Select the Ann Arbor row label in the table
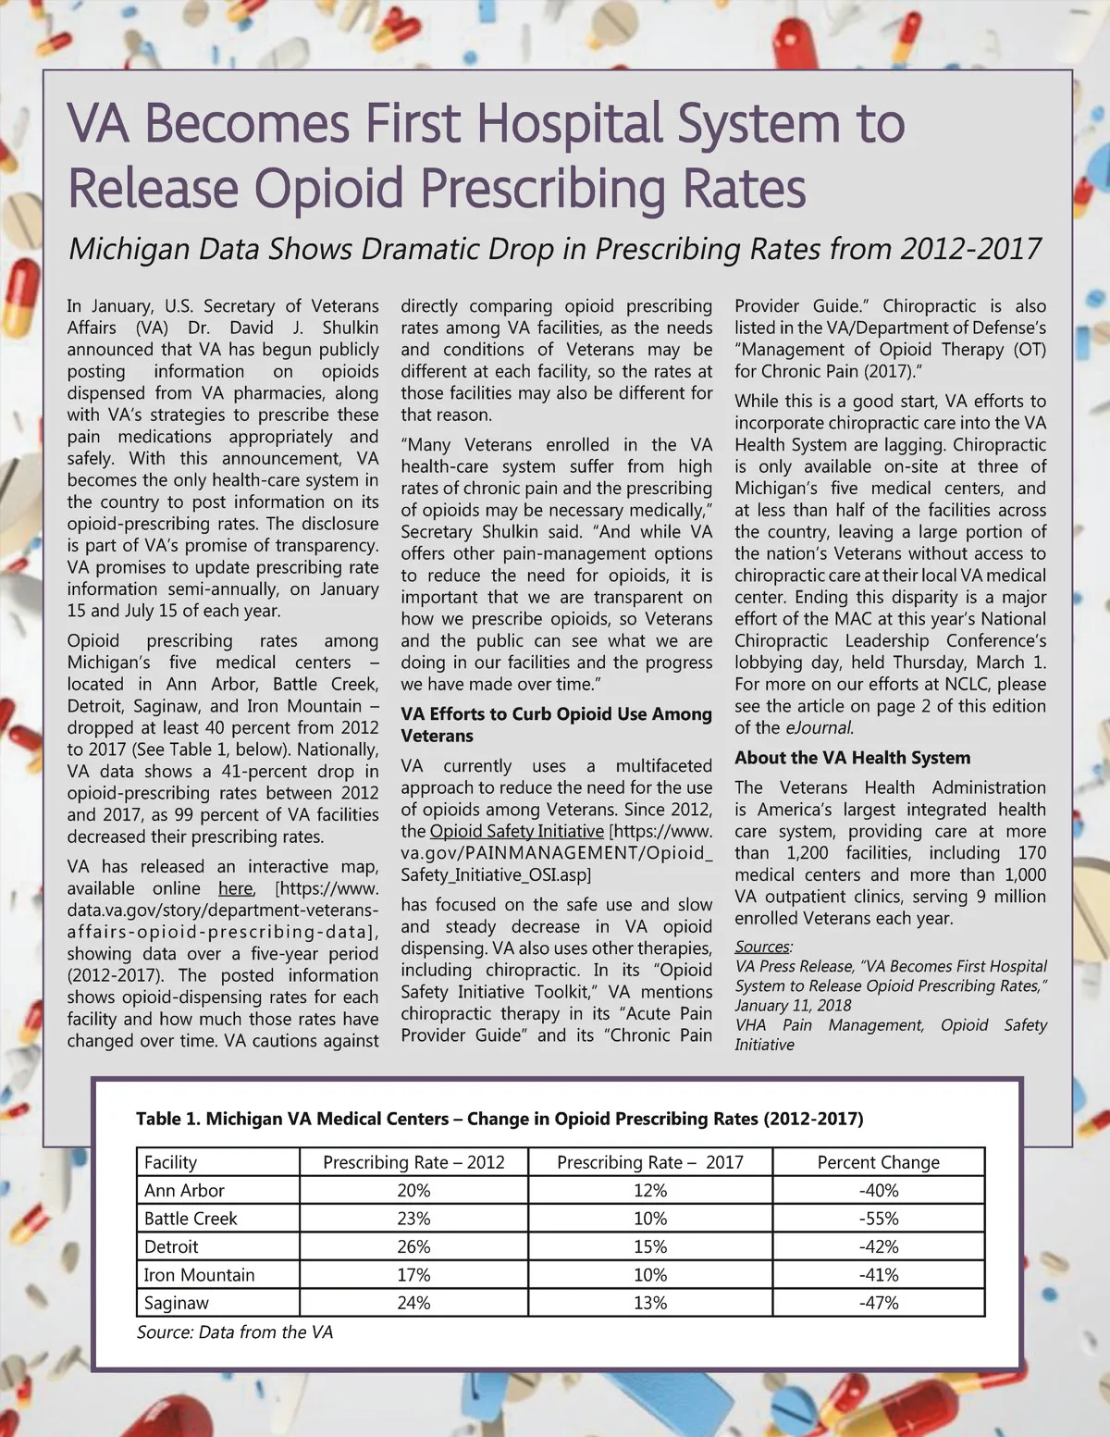click(x=184, y=1191)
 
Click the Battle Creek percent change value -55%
click(x=878, y=1219)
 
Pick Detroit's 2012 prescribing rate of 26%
click(x=413, y=1246)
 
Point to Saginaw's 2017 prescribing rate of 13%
click(x=650, y=1303)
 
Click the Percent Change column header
click(x=878, y=1162)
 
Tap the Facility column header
click(x=171, y=1162)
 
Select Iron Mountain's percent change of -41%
click(x=878, y=1275)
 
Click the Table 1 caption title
click(x=499, y=1119)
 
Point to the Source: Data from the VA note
click(x=235, y=1332)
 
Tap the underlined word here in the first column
click(x=236, y=888)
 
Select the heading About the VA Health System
click(x=852, y=758)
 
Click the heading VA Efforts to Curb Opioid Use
click(x=556, y=714)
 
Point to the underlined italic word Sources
click(x=762, y=947)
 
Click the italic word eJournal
click(x=819, y=727)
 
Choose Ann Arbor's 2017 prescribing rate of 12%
click(x=650, y=1191)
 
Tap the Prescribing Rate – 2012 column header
click(x=413, y=1162)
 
